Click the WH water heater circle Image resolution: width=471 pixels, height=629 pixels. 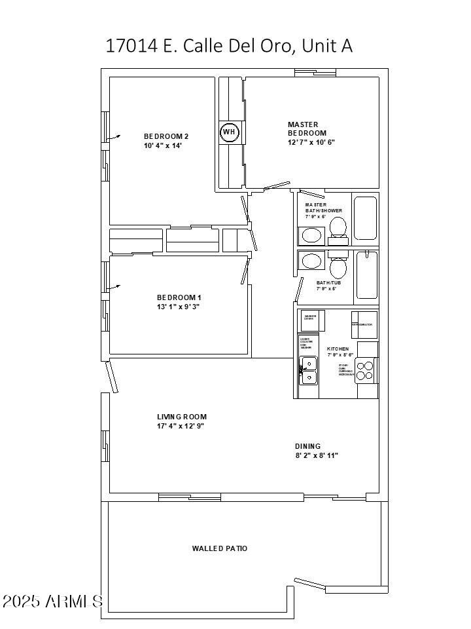point(229,132)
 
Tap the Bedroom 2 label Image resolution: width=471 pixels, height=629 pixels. point(166,136)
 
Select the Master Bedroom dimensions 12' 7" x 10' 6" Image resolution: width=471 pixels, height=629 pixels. point(311,142)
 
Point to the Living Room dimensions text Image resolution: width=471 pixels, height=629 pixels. point(181,427)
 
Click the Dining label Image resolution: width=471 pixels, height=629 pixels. point(307,446)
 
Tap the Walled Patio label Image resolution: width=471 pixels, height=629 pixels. point(220,548)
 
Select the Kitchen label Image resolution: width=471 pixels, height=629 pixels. point(338,349)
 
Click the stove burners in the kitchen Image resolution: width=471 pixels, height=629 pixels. point(366,372)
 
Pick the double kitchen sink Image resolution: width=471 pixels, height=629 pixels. point(308,370)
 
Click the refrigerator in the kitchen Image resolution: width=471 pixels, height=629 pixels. point(364,324)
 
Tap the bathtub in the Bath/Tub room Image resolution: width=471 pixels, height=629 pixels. point(366,276)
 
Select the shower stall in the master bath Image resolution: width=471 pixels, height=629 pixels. point(366,218)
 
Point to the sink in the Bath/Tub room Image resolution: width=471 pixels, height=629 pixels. point(312,261)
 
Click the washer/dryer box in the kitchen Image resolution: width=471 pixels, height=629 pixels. point(313,320)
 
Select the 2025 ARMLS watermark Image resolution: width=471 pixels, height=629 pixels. point(52,601)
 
